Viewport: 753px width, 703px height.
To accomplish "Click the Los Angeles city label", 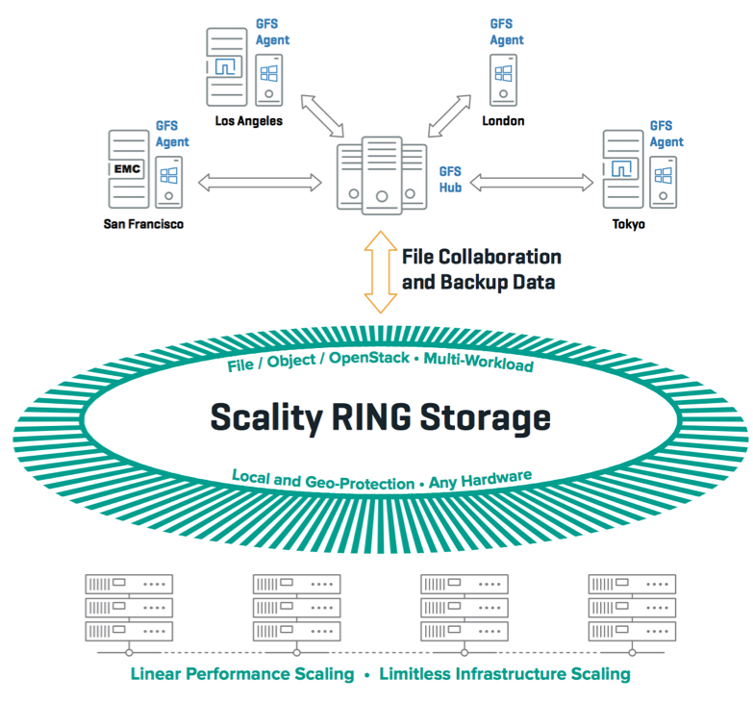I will click(x=248, y=121).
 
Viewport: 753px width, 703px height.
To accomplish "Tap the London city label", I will click(x=504, y=121).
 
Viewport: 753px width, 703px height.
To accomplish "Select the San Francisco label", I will click(x=143, y=224).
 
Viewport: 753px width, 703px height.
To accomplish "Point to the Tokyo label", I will click(x=629, y=224).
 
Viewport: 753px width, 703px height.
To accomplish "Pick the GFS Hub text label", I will click(x=450, y=179).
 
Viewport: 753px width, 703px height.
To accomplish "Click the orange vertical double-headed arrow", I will click(x=383, y=271).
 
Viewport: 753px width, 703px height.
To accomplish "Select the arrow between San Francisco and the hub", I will click(x=261, y=180).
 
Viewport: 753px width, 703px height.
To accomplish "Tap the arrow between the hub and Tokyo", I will click(x=530, y=180).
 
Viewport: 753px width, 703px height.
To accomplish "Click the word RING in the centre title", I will click(x=382, y=417).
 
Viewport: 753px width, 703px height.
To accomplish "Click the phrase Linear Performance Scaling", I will click(x=241, y=674).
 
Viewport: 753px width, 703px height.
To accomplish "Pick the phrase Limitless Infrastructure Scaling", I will click(x=505, y=674).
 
